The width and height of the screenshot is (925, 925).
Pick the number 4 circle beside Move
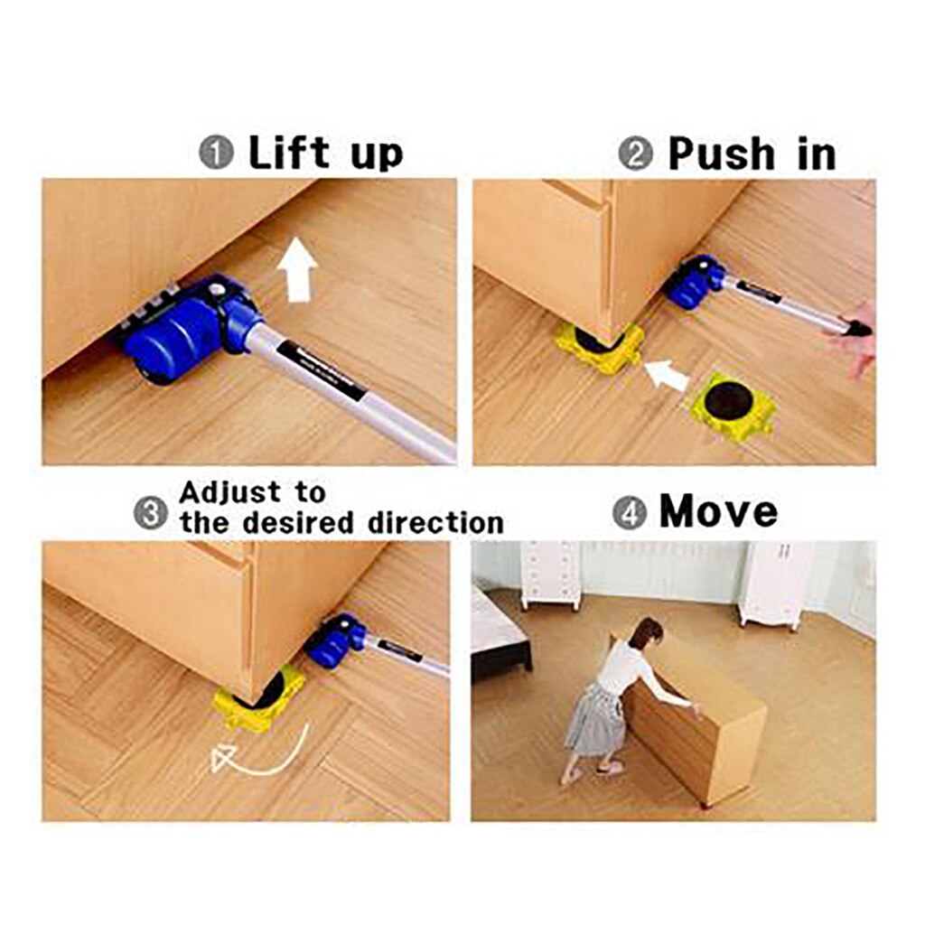(x=630, y=513)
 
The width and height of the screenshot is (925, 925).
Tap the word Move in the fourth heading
(x=718, y=511)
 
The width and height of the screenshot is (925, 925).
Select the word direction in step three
(x=434, y=522)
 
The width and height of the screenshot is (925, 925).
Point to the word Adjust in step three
(x=230, y=492)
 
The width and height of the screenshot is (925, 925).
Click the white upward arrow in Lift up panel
(x=297, y=269)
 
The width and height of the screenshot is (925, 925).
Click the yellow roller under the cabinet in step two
(x=599, y=346)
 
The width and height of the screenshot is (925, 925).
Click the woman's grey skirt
(x=594, y=719)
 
